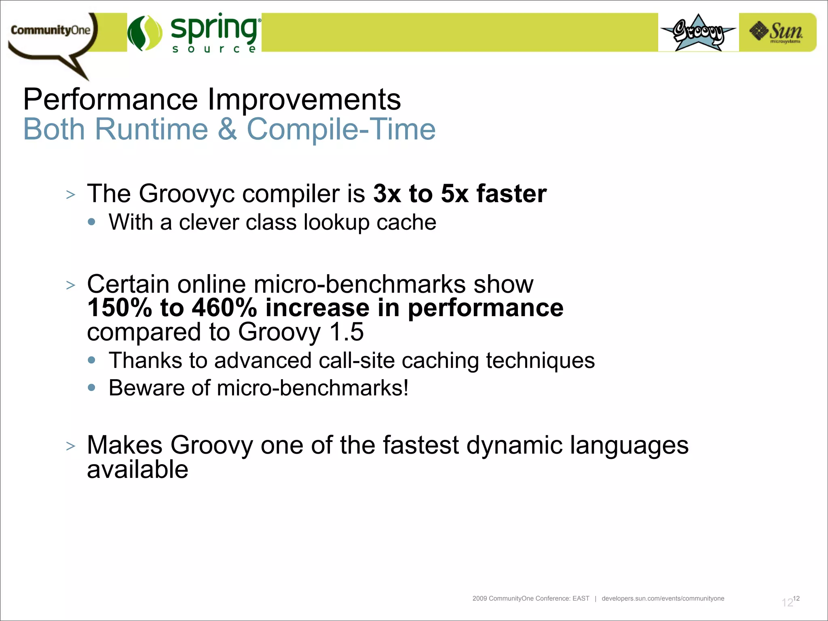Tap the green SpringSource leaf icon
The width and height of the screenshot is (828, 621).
point(145,33)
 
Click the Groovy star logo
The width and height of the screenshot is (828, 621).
point(698,32)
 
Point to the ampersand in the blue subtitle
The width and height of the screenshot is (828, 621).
point(227,129)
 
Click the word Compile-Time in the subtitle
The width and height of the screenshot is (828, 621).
point(341,129)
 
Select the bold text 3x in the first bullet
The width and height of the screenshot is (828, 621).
point(387,194)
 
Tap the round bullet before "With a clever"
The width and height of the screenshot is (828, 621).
point(92,222)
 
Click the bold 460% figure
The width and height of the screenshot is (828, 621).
point(224,308)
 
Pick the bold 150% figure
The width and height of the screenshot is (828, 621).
point(120,308)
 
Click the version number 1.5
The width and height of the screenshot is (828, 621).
point(346,332)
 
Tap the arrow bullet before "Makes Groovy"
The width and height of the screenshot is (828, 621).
point(71,446)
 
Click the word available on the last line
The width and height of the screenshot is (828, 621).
point(137,470)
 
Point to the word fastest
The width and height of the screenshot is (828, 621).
point(420,445)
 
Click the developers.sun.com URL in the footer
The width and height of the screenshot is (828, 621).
point(663,598)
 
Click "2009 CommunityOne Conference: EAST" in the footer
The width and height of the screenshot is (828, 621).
point(530,598)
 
